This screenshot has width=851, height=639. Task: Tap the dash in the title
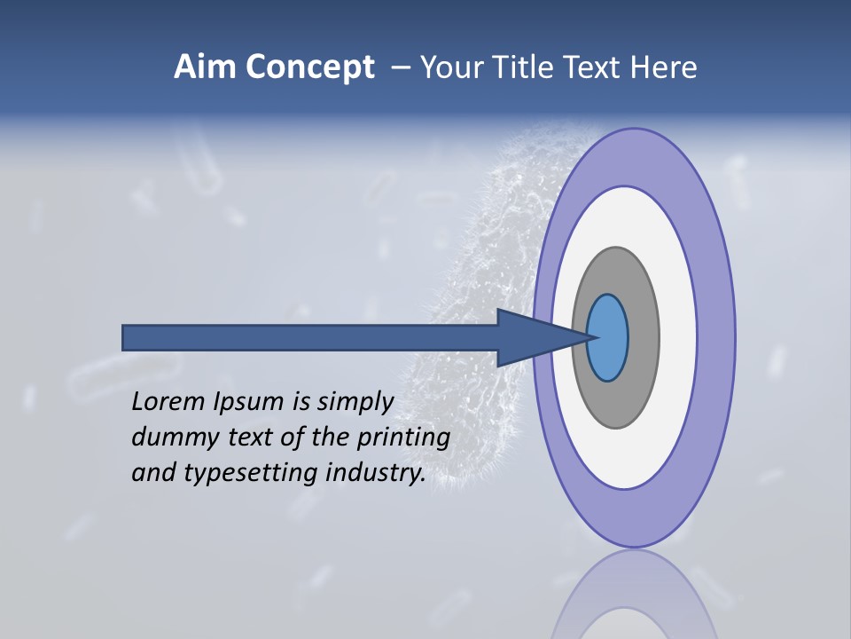click(x=400, y=67)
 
